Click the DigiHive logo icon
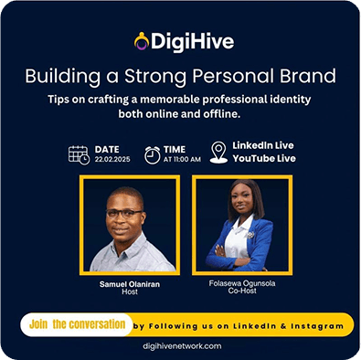pos(141,41)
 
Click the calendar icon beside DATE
pos(80,154)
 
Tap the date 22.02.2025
pos(113,159)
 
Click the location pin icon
pos(218,153)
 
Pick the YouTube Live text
pos(265,160)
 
